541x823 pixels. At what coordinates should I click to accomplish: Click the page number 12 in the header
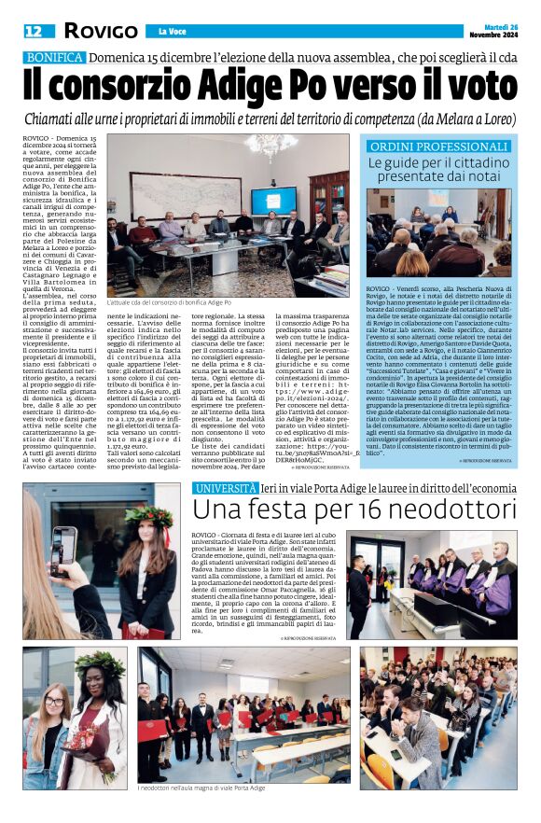(x=33, y=31)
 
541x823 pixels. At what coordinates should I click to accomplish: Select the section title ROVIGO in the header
(x=100, y=31)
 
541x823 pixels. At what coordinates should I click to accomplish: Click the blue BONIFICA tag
(x=53, y=58)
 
